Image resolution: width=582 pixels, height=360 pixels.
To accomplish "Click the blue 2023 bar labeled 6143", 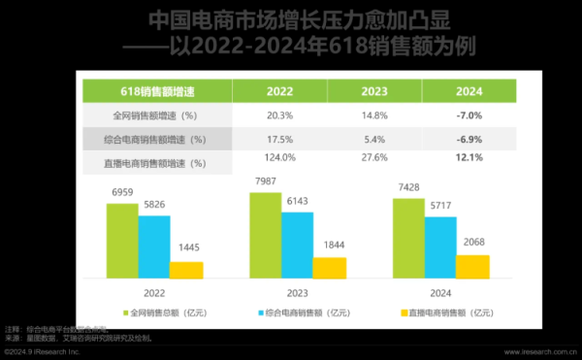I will point(298,245).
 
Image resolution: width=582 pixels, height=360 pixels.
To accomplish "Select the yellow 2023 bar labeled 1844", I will point(330,268).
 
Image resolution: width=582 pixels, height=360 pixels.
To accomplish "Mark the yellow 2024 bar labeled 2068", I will point(472,267).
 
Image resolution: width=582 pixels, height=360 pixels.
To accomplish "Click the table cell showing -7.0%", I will point(469,115).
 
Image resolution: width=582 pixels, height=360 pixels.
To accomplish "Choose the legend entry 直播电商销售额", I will point(447,312).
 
